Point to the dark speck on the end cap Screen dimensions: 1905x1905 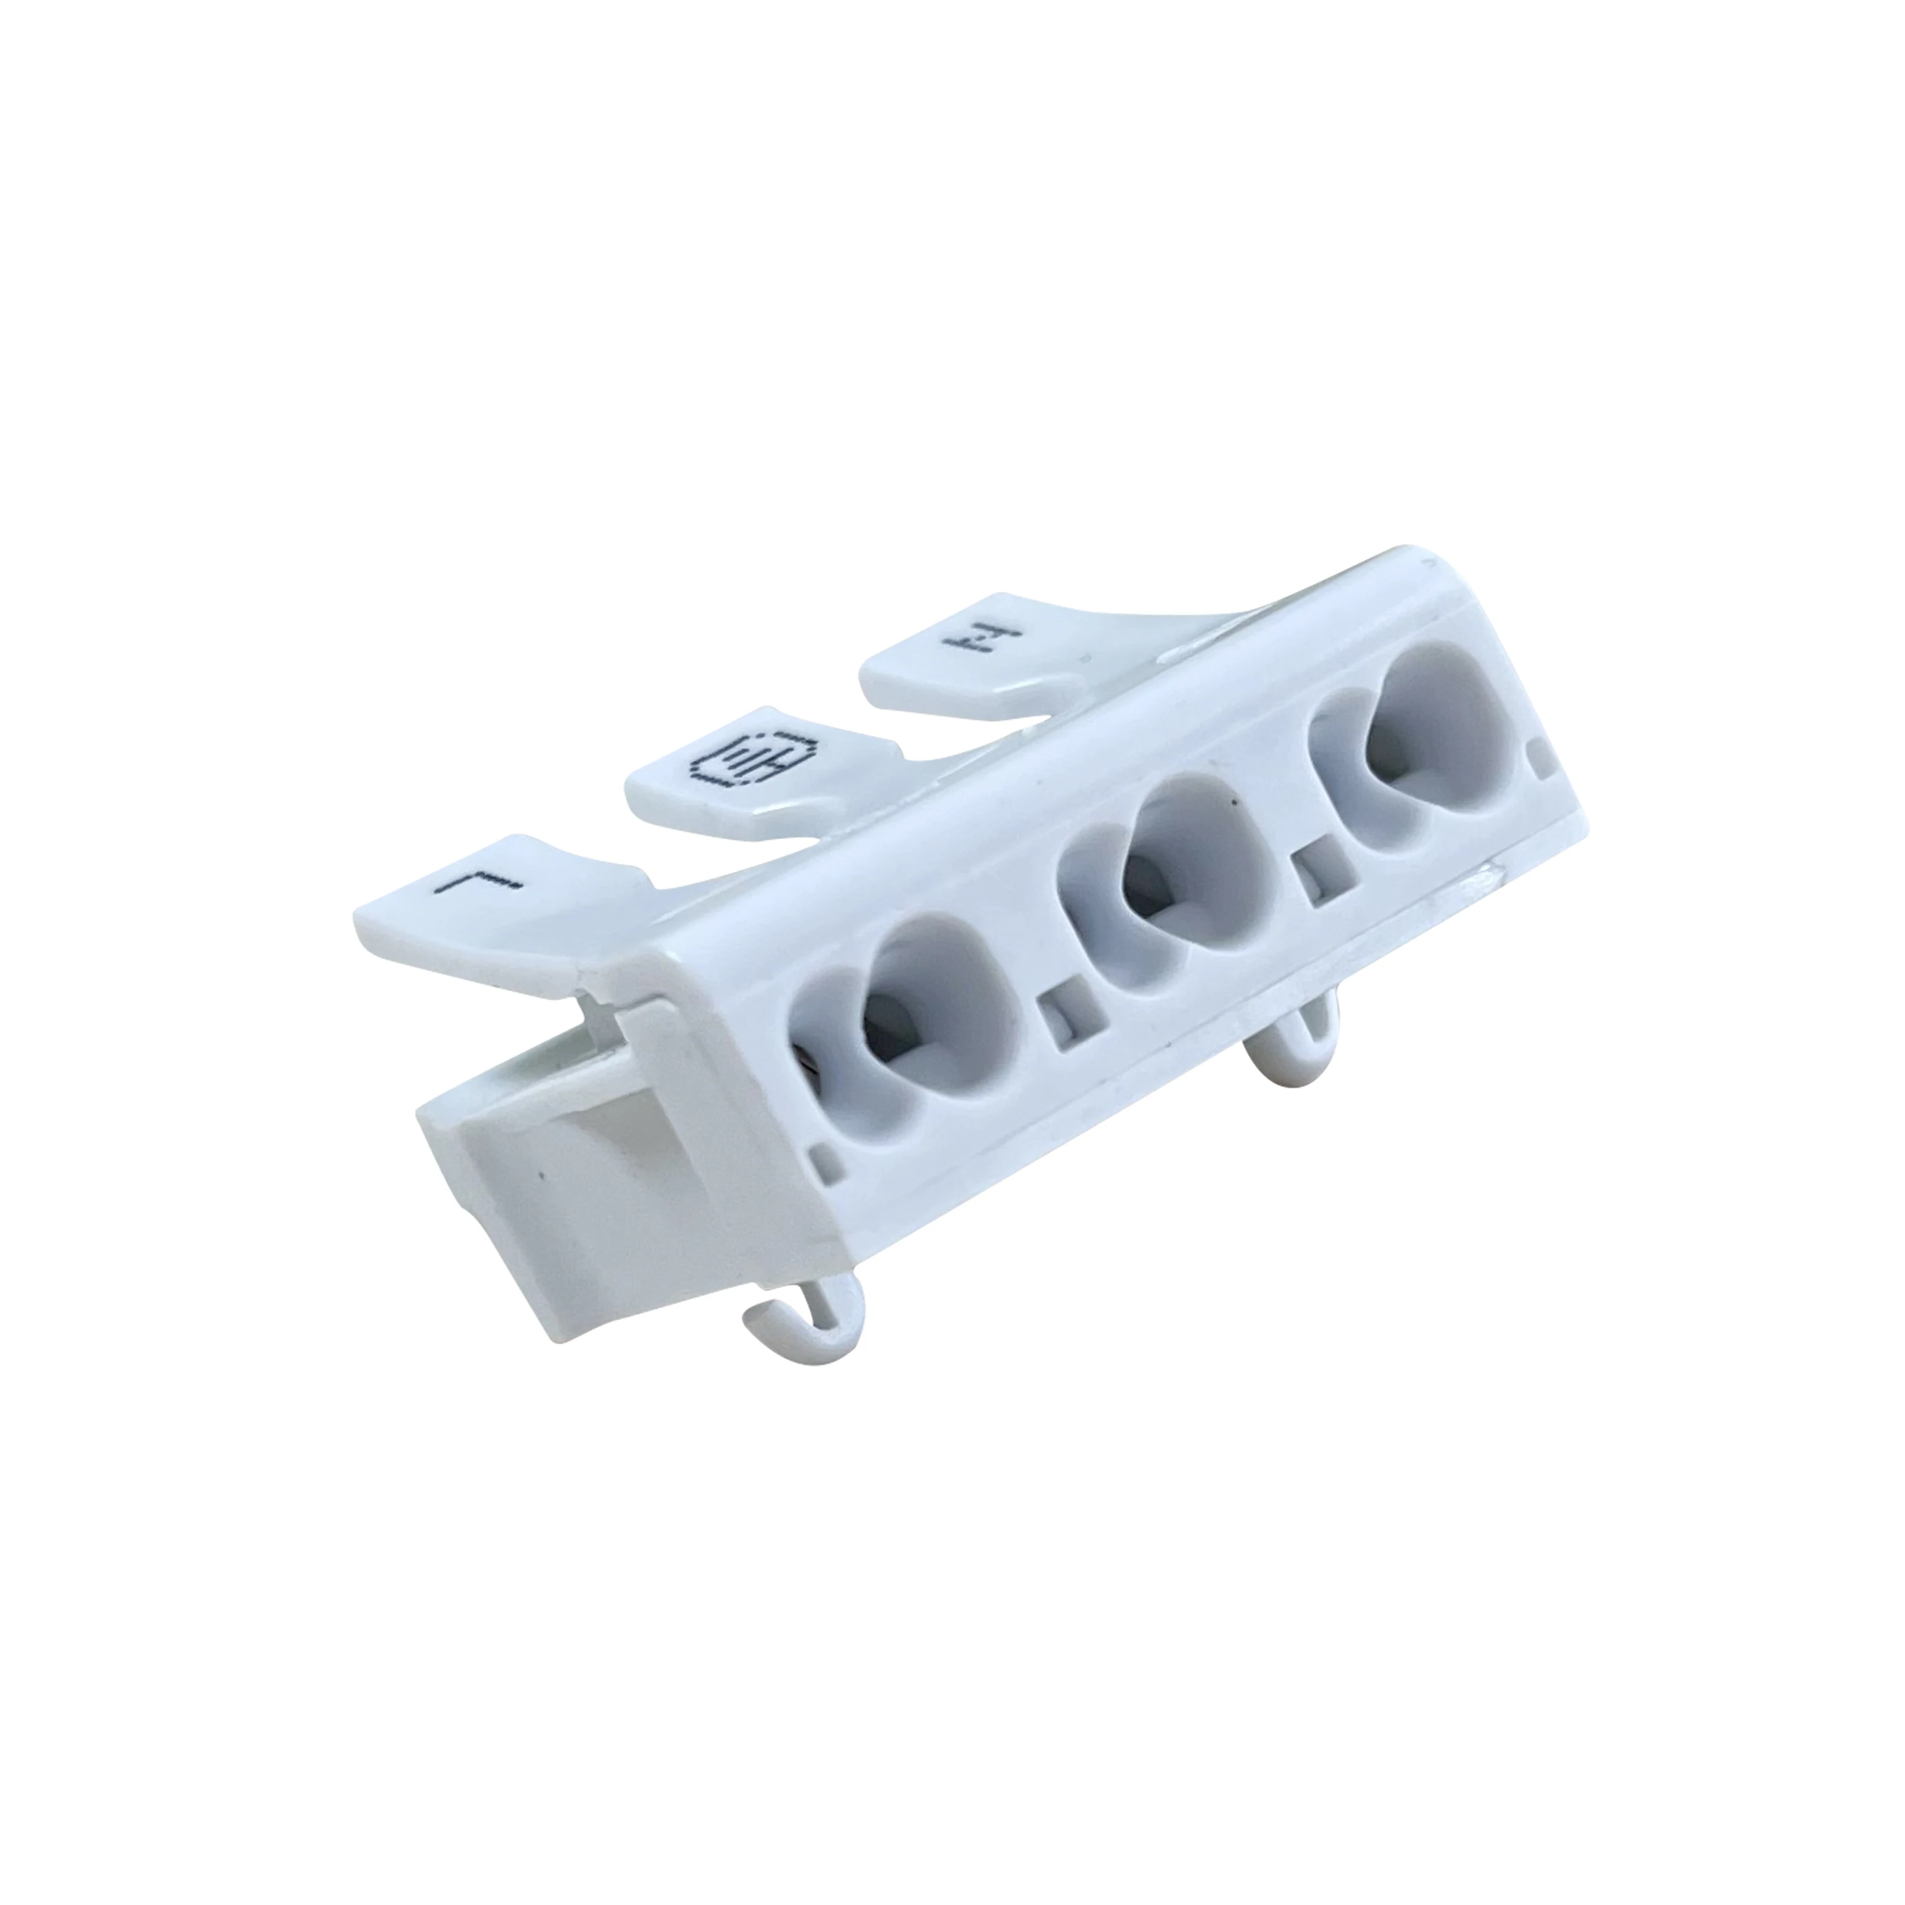[541, 1177]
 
